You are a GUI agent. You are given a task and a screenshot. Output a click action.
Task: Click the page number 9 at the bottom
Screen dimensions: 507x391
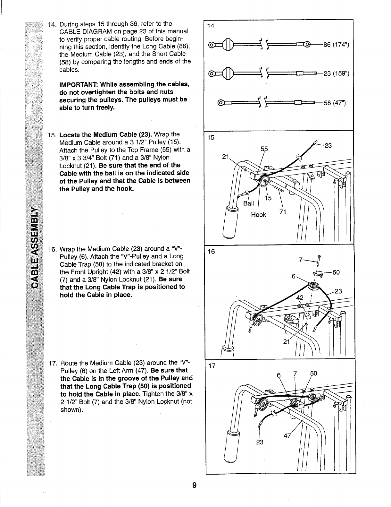click(x=194, y=485)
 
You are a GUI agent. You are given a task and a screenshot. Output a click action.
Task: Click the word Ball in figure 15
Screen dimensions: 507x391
click(x=248, y=203)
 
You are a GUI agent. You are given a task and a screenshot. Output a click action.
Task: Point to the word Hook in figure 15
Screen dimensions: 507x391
click(x=258, y=215)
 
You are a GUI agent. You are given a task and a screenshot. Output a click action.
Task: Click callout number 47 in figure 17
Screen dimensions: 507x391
click(x=287, y=435)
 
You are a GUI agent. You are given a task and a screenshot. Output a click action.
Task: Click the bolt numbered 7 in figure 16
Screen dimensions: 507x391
click(x=319, y=258)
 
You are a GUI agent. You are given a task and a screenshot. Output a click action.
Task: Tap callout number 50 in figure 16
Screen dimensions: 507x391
click(x=336, y=272)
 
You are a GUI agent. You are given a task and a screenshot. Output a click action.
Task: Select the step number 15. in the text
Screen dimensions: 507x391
click(x=52, y=134)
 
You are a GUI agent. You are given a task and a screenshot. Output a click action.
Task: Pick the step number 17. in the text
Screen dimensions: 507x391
click(x=53, y=363)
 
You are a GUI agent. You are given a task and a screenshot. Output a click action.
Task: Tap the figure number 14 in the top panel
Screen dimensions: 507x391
click(x=211, y=26)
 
